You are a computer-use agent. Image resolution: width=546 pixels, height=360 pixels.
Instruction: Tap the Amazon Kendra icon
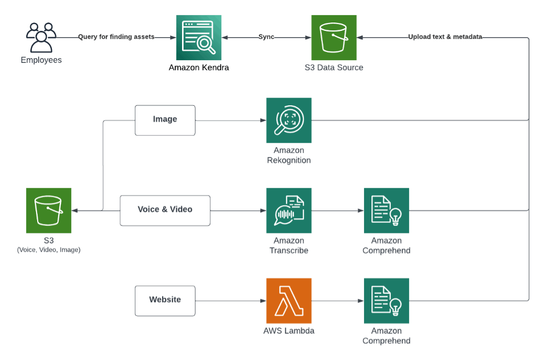199,37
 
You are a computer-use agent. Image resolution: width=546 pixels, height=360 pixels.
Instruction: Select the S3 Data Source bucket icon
334,37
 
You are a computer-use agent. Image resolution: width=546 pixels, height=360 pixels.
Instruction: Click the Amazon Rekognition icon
289,120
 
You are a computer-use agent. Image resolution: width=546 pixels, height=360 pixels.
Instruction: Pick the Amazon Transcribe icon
289,210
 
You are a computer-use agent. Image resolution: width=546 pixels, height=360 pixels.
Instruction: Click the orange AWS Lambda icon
289,300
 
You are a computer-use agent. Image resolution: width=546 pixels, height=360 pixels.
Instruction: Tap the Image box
165,120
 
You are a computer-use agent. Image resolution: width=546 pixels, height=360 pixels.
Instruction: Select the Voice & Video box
165,210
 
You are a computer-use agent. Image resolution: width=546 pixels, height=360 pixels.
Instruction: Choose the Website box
165,300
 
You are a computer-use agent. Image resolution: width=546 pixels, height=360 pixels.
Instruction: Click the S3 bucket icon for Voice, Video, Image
49,210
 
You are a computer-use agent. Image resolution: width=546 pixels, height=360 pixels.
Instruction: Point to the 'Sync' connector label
266,37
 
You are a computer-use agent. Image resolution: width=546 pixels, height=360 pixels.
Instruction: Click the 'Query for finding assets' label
116,37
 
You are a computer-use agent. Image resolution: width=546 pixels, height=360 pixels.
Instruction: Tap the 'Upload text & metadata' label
445,37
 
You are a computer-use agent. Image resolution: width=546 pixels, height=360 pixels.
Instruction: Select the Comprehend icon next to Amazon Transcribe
386,210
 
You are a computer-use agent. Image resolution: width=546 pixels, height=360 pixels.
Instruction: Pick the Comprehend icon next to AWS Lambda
386,300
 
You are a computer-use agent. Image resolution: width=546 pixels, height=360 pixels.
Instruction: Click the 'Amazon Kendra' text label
199,67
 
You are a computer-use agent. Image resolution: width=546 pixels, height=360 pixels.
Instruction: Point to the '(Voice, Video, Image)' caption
49,250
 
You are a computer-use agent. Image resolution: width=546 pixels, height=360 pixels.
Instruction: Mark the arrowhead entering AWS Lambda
263,301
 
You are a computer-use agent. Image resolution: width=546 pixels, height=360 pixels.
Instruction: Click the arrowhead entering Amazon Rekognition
263,120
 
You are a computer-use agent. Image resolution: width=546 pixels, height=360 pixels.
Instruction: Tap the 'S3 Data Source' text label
334,67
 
